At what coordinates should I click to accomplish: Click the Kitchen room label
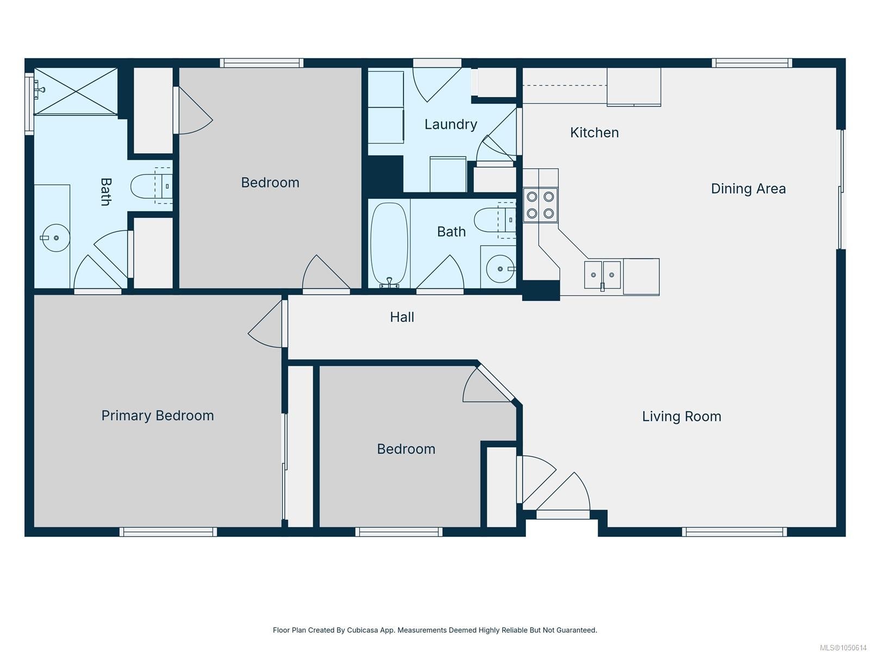tap(594, 132)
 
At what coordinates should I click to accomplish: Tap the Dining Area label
tap(748, 189)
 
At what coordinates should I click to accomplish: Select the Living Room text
tap(681, 416)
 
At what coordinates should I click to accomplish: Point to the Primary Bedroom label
tap(157, 415)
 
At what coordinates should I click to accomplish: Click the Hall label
tap(402, 317)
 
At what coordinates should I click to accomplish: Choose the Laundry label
tap(451, 124)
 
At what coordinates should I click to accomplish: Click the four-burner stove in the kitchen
tap(540, 205)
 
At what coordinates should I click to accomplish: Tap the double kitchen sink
tap(602, 275)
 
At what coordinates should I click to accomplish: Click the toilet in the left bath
tap(152, 186)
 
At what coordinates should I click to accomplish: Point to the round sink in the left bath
tap(56, 237)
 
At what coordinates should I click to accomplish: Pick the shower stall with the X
tap(76, 91)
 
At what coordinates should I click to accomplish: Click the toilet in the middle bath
tap(495, 221)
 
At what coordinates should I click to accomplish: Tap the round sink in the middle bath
tap(500, 269)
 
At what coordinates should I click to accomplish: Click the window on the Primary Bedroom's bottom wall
tap(168, 532)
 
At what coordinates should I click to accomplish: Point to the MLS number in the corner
tap(843, 648)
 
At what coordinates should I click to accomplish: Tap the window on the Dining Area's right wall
tap(841, 189)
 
